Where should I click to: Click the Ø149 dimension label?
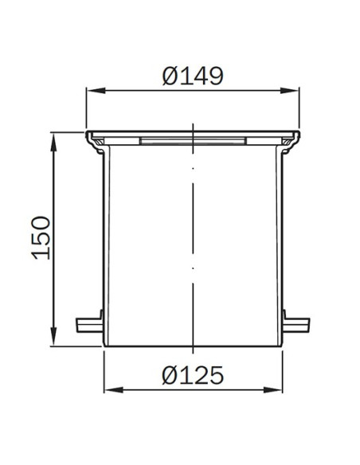click(193, 76)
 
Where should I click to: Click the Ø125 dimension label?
click(193, 375)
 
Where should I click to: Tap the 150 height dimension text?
click(41, 238)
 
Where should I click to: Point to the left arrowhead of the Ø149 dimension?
click(96, 91)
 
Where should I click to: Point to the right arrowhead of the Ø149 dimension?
click(290, 91)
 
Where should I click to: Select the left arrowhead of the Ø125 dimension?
click(113, 389)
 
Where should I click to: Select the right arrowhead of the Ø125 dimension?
click(273, 389)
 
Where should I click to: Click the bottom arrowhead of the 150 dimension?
click(53, 336)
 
